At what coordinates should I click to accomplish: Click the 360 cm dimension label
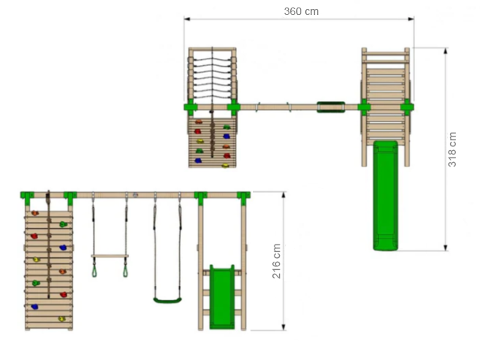click(301, 12)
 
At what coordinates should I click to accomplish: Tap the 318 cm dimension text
click(452, 149)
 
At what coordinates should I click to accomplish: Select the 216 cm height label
click(277, 261)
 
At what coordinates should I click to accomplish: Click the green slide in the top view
click(385, 195)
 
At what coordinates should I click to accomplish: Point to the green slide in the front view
click(222, 297)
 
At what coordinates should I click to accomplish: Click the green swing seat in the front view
click(167, 300)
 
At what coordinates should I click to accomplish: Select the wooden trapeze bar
click(109, 256)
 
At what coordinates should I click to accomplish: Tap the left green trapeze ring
click(94, 271)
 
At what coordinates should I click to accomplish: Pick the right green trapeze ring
click(125, 271)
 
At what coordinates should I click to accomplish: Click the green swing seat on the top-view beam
click(331, 107)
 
